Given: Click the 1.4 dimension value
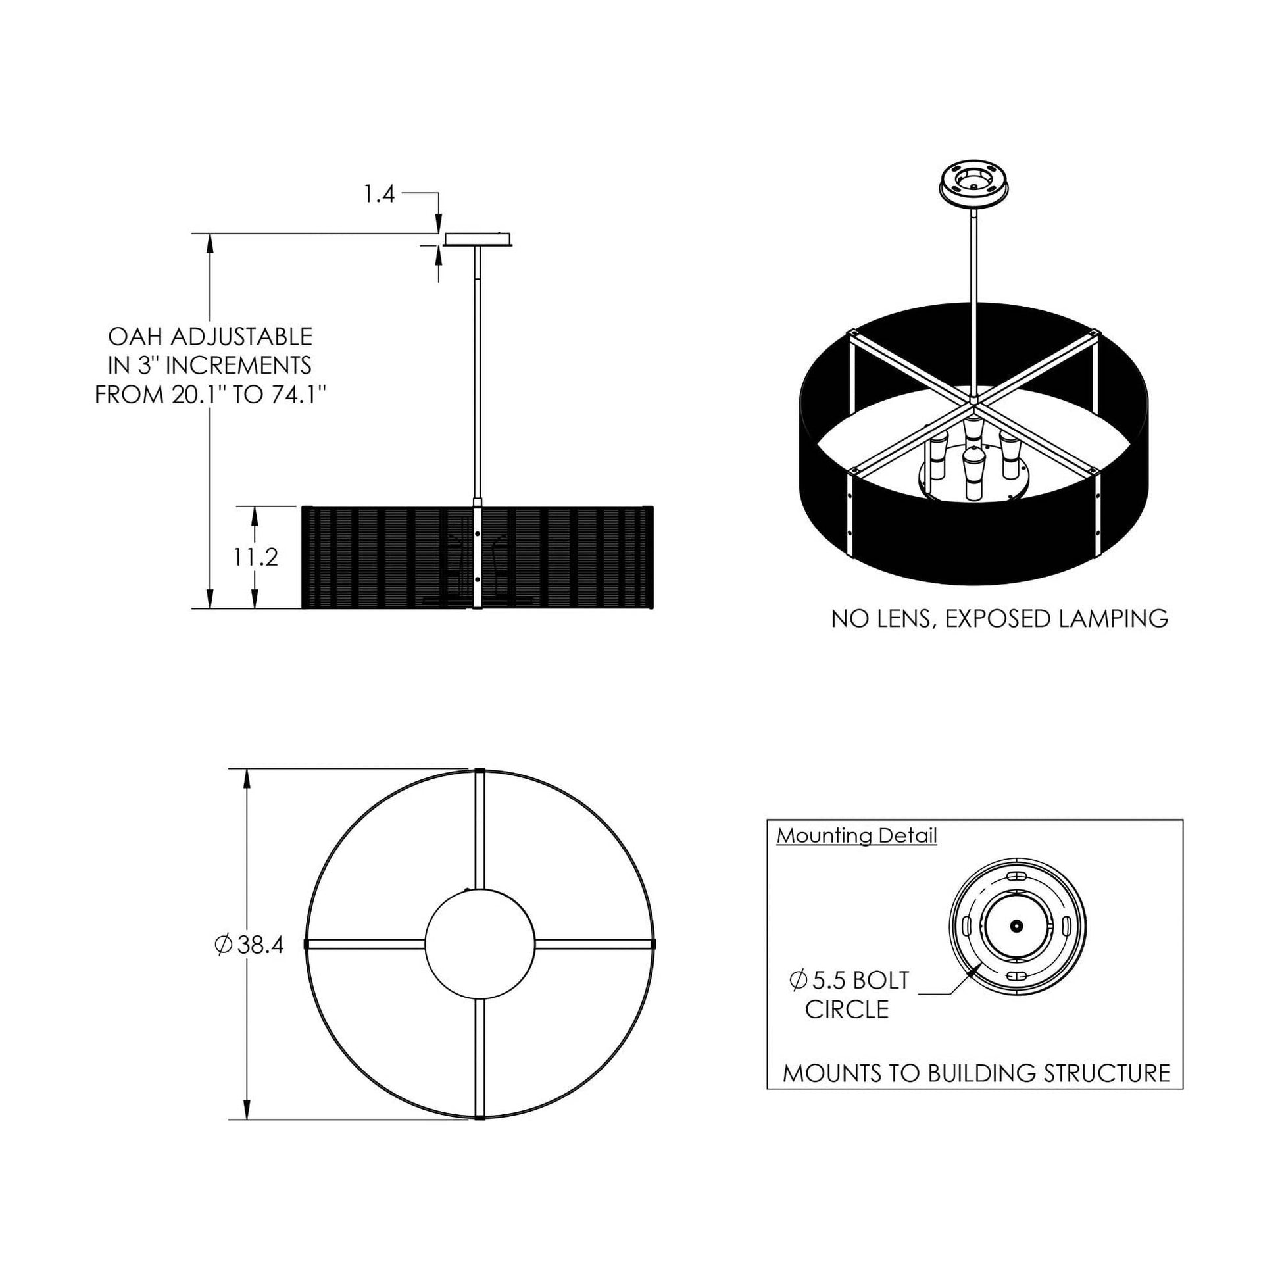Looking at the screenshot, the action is pyautogui.click(x=379, y=194).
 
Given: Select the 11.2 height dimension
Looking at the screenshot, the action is pyautogui.click(x=255, y=557).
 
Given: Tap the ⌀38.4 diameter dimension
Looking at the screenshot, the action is pyautogui.click(x=250, y=945).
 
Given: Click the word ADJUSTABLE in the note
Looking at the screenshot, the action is pyautogui.click(x=242, y=337).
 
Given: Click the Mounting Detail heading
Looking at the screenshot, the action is pyautogui.click(x=856, y=836).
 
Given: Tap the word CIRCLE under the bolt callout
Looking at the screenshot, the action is pyautogui.click(x=847, y=1010).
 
